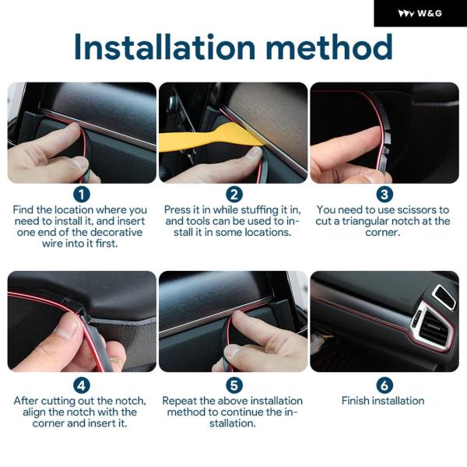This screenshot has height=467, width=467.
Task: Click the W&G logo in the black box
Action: tap(420, 13)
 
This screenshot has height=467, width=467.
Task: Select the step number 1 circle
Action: tap(81, 195)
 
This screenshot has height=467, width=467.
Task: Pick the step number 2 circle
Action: tap(234, 195)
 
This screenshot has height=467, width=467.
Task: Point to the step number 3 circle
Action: tap(384, 195)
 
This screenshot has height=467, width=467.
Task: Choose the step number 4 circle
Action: tap(81, 385)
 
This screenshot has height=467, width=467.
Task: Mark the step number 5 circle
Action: tap(234, 385)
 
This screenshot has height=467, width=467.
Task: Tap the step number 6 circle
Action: tap(384, 385)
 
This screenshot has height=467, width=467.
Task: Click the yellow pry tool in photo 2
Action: tap(209, 138)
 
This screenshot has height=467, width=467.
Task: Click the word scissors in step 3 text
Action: tap(406, 210)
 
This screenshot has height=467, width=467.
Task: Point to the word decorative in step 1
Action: tap(114, 232)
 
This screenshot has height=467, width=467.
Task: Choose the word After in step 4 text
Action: tap(26, 401)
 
